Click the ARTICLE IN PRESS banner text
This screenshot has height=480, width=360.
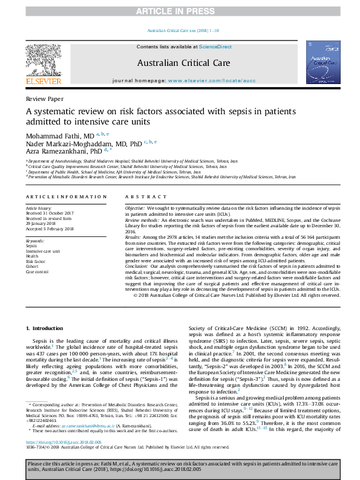tap(180, 11)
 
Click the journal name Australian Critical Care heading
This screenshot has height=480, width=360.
tap(180, 62)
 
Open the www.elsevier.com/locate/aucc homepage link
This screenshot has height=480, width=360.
tap(208, 80)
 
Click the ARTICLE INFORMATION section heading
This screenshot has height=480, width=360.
tap(66, 197)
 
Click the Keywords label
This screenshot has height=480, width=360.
tap(35, 241)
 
